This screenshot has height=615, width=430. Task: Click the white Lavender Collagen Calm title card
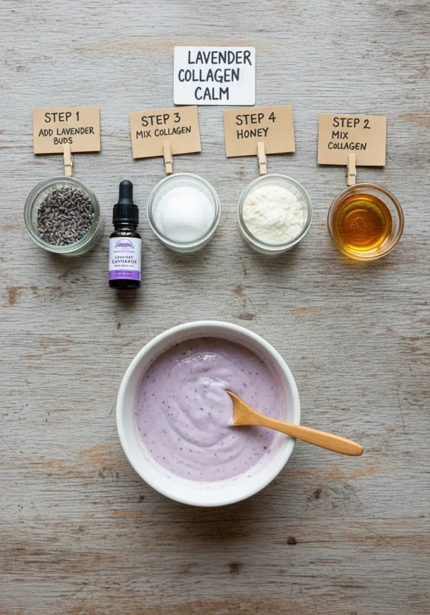click(214, 75)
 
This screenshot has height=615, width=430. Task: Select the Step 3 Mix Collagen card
click(165, 132)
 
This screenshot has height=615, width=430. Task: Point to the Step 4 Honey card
click(258, 131)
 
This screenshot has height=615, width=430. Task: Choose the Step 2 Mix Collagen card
click(351, 139)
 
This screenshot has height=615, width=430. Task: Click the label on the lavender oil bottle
click(125, 259)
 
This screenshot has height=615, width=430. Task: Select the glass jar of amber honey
click(365, 222)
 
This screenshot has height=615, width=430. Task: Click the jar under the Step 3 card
click(184, 213)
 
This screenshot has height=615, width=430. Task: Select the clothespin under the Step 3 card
click(167, 157)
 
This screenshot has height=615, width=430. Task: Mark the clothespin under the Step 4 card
click(261, 157)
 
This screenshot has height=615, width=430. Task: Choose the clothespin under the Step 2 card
click(351, 169)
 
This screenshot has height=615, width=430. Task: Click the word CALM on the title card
click(211, 94)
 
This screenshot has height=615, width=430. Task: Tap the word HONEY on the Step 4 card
click(252, 134)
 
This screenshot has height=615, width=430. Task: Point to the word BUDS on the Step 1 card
click(50, 141)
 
